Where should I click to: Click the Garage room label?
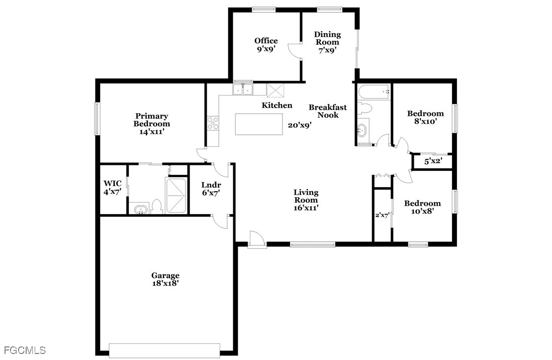(x=165, y=276)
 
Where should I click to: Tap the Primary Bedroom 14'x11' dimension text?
(x=152, y=132)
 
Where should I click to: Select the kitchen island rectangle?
(x=259, y=124)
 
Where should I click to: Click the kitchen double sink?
(x=243, y=90)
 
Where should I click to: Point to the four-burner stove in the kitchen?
(x=213, y=123)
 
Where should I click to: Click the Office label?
(x=266, y=41)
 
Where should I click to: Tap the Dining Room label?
(x=327, y=38)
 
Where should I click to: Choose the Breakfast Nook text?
(x=328, y=111)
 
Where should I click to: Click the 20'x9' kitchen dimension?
(x=299, y=125)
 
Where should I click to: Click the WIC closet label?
(x=113, y=184)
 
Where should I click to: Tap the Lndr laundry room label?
(x=211, y=186)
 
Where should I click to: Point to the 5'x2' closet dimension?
(x=433, y=162)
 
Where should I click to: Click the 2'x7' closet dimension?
(x=382, y=215)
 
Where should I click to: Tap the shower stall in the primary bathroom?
(x=175, y=196)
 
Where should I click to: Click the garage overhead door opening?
(x=164, y=350)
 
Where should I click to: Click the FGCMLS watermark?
(x=25, y=350)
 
